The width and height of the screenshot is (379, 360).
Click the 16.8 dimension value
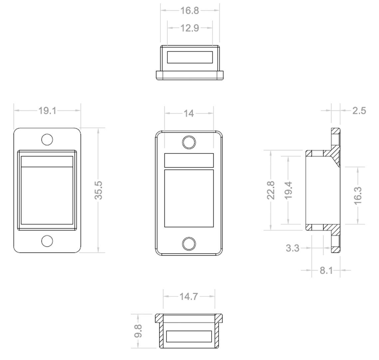pyautogui.click(x=189, y=11)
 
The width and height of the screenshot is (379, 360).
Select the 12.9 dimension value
pyautogui.click(x=190, y=28)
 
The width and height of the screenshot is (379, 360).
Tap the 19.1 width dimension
pyautogui.click(x=47, y=110)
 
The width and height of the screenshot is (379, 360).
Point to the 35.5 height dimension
pyautogui.click(x=98, y=190)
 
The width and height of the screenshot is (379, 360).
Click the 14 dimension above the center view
pyautogui.click(x=189, y=113)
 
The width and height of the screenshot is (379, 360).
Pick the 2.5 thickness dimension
pyautogui.click(x=359, y=110)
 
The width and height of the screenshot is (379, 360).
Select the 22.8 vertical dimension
pyautogui.click(x=271, y=190)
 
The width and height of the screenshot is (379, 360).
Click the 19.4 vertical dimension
pyautogui.click(x=288, y=190)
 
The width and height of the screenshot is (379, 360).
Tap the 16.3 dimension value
pyautogui.click(x=357, y=195)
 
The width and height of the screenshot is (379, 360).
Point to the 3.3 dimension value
pyautogui.click(x=292, y=248)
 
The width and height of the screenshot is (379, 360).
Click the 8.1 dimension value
pyautogui.click(x=326, y=270)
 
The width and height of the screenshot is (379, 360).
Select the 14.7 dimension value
pyautogui.click(x=189, y=296)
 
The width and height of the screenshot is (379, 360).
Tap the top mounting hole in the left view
pyautogui.click(x=47, y=140)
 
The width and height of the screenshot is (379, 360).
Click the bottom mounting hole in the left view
pyautogui.click(x=47, y=241)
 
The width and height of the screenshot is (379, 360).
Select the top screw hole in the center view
pyautogui.click(x=189, y=142)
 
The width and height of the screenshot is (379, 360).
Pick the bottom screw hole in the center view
pyautogui.click(x=189, y=244)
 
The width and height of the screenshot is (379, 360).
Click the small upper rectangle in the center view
pyautogui.click(x=189, y=160)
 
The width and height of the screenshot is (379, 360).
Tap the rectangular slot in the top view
pyautogui.click(x=190, y=57)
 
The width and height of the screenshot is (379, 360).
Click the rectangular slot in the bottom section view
pyautogui.click(x=189, y=336)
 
